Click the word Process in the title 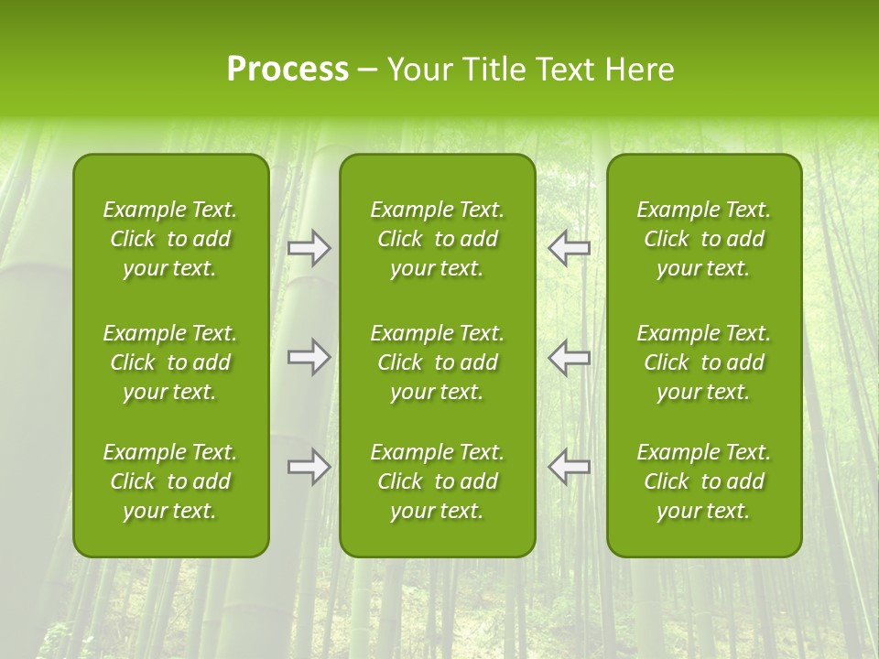tap(288, 70)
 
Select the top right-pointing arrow tap(309, 248)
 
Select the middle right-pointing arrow tap(309, 357)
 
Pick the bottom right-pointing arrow tap(309, 467)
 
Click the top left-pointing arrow tap(570, 248)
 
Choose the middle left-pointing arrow tap(570, 357)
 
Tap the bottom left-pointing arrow tap(570, 467)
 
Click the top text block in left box tap(170, 239)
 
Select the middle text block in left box tap(170, 362)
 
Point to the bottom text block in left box tap(170, 481)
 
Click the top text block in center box tap(438, 239)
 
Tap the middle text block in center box tap(438, 362)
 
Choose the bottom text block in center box tap(438, 481)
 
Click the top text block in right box tap(704, 239)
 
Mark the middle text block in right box tap(704, 362)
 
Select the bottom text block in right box tap(704, 481)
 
